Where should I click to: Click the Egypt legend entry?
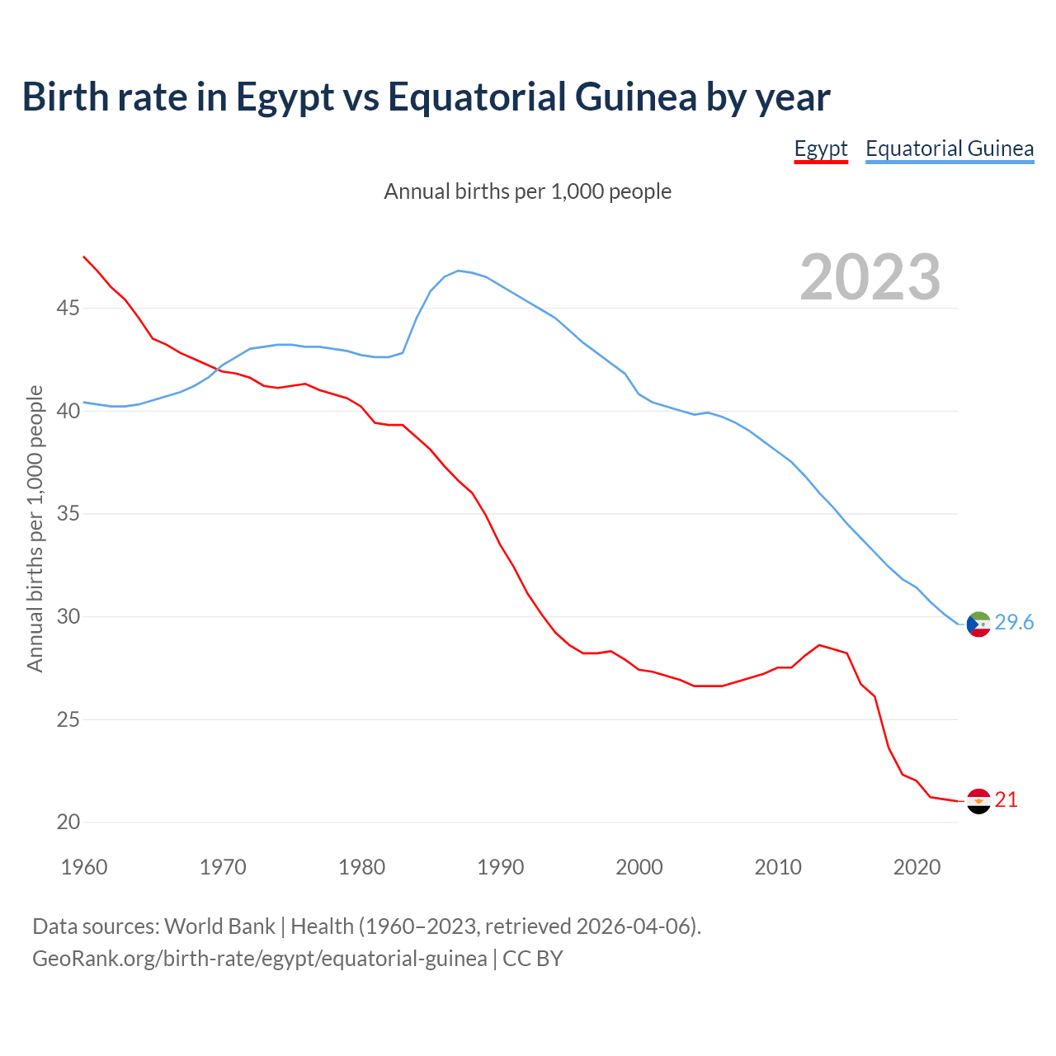[x=821, y=149]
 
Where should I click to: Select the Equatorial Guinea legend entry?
[x=950, y=149]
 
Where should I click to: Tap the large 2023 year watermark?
[x=870, y=277]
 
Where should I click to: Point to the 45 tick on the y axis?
[x=68, y=309]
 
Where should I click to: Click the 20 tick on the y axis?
[x=68, y=822]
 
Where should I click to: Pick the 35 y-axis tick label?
[x=68, y=514]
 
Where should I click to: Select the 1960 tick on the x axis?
[x=84, y=867]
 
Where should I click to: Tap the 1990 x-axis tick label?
[x=501, y=867]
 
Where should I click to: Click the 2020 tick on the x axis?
[x=917, y=867]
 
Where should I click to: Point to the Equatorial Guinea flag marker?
[x=978, y=625]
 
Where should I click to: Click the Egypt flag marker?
[x=978, y=801]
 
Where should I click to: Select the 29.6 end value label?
[x=1014, y=623]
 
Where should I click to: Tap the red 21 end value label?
[x=1006, y=800]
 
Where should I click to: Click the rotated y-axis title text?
[x=35, y=528]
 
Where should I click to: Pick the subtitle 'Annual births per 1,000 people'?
[x=528, y=191]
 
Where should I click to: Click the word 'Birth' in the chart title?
[x=65, y=97]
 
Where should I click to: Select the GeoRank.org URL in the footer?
[x=259, y=959]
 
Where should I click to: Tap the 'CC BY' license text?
[x=533, y=959]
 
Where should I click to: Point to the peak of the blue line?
[x=459, y=271]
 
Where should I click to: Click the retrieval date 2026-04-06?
[x=633, y=926]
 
